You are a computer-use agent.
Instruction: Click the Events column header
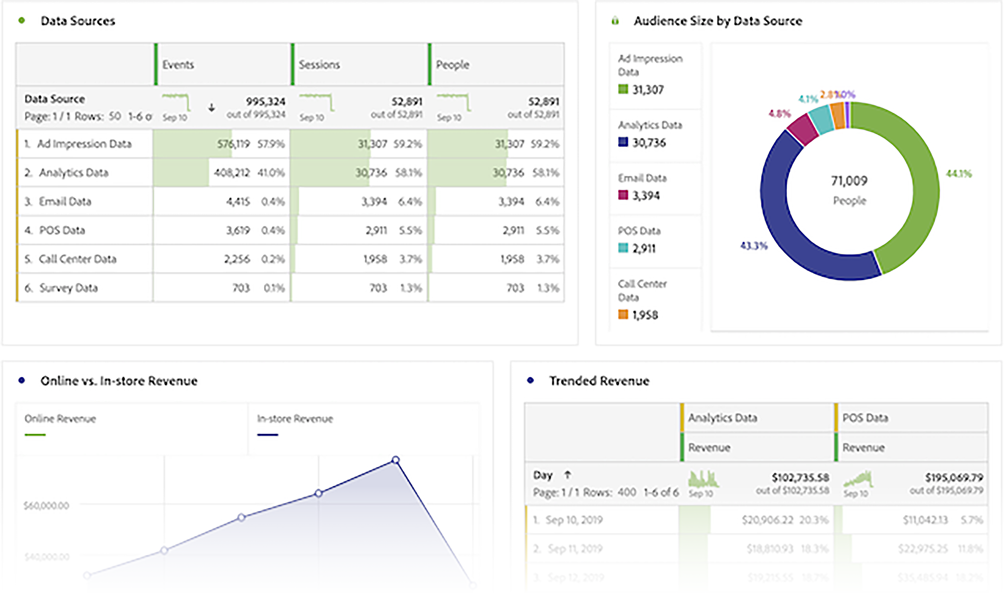178,65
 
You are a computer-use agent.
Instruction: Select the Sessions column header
319,65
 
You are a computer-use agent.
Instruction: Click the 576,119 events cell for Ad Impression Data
233,144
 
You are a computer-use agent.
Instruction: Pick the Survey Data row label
68,288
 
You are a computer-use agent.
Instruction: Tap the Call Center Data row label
77,259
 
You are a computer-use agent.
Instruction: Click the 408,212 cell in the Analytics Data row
232,173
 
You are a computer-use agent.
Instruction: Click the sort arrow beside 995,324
212,107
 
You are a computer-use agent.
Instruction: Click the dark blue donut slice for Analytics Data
787,225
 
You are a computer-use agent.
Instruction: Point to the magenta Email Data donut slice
802,129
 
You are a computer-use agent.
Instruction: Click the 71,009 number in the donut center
849,181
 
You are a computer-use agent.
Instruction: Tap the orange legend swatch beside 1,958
623,314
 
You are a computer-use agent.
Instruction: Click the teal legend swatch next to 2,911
623,248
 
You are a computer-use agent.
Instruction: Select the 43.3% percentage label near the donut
753,246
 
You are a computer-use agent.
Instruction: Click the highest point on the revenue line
396,460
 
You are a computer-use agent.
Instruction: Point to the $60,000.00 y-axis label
46,505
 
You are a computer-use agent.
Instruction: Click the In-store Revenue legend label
295,419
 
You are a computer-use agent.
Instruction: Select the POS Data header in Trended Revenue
865,418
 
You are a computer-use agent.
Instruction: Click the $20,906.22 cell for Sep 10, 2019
767,520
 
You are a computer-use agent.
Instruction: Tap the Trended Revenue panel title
599,381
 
